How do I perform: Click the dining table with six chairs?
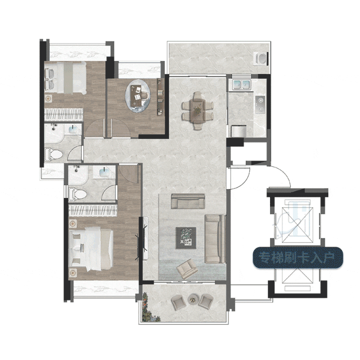[x=198, y=110]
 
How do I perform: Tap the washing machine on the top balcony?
[x=261, y=58]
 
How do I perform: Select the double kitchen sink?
[x=241, y=85]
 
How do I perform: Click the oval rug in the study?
[x=138, y=96]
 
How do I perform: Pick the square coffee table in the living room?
[x=186, y=238]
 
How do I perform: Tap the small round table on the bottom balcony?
[x=192, y=299]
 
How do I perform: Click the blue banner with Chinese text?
[x=298, y=258]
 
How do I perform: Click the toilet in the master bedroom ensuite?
[x=77, y=194]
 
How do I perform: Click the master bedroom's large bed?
[x=91, y=249]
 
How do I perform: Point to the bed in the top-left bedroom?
[x=66, y=78]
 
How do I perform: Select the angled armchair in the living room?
[x=187, y=269]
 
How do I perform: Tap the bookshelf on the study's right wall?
[x=161, y=97]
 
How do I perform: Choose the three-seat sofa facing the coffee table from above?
[x=188, y=201]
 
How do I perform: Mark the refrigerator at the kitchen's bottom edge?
[x=239, y=131]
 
